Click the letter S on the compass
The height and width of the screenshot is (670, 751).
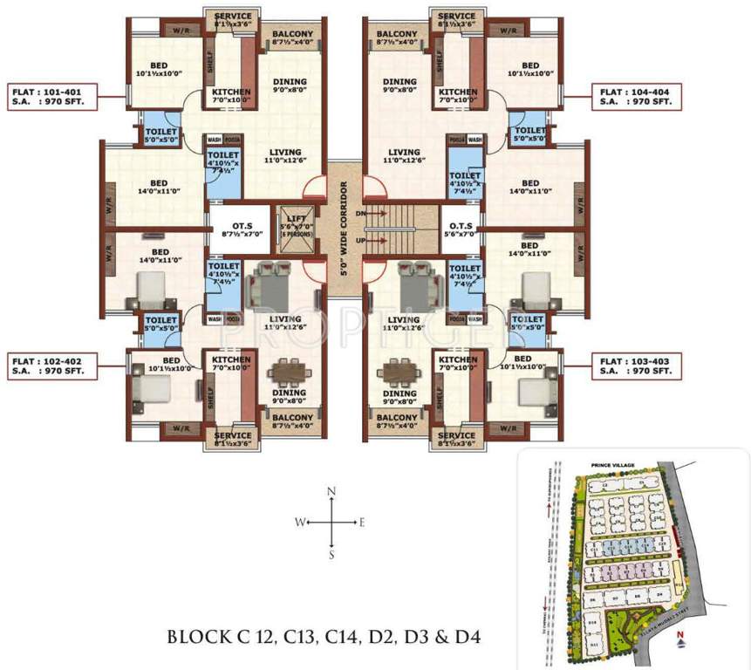331,553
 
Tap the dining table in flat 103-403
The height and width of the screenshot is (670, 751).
394,373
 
